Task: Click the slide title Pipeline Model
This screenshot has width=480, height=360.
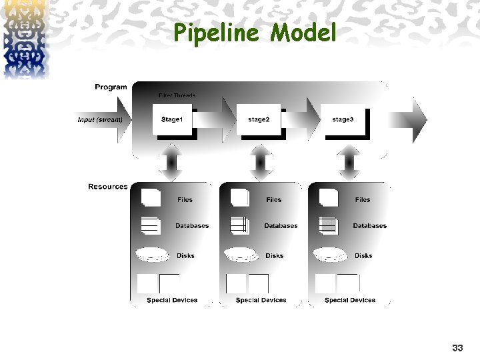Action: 255,33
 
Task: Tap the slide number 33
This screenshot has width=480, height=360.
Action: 457,348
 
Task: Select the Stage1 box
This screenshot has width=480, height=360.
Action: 175,120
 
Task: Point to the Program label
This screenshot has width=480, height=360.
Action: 111,87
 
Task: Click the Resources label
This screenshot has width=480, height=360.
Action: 107,187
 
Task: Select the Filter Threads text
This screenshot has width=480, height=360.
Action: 177,96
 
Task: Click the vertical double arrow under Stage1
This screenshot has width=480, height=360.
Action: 171,163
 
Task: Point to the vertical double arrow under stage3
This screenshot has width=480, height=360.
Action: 349,163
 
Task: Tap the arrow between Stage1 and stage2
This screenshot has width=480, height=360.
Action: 217,120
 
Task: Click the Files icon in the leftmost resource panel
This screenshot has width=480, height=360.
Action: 151,198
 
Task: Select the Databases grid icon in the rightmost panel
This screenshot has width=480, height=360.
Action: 329,225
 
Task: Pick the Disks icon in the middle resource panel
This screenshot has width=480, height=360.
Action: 241,255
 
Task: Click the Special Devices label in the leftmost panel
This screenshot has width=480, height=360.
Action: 172,300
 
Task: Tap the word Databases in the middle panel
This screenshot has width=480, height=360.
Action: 281,226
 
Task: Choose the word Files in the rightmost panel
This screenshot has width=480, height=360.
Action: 363,200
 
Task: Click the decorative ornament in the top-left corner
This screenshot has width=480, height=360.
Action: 24,39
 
